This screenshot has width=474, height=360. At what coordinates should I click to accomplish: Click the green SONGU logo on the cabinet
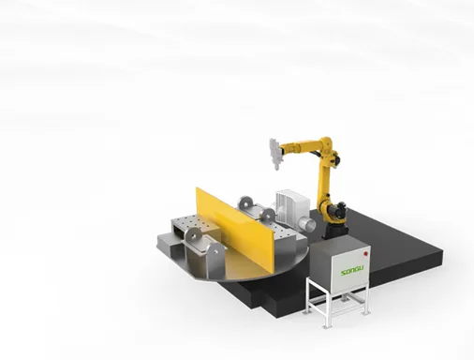click(352, 271)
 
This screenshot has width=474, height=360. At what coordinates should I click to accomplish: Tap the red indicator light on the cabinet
click(365, 254)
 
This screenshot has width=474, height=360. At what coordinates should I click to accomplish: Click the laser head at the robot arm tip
click(275, 154)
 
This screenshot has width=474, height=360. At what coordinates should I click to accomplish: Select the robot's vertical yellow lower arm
click(324, 181)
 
